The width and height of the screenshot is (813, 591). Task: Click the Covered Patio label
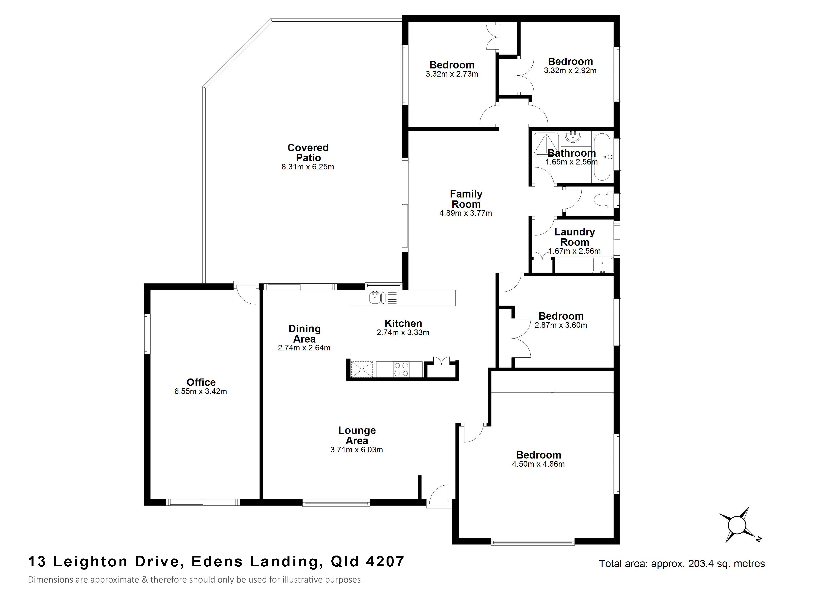308,153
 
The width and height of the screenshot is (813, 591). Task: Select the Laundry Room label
575,237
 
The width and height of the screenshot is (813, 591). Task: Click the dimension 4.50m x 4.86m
538,464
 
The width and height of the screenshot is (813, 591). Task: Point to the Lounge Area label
357,435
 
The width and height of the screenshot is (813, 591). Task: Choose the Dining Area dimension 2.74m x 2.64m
304,348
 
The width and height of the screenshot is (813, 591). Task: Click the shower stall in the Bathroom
546,144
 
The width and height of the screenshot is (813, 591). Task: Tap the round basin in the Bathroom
573,136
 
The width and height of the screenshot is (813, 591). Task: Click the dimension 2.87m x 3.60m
561,326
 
